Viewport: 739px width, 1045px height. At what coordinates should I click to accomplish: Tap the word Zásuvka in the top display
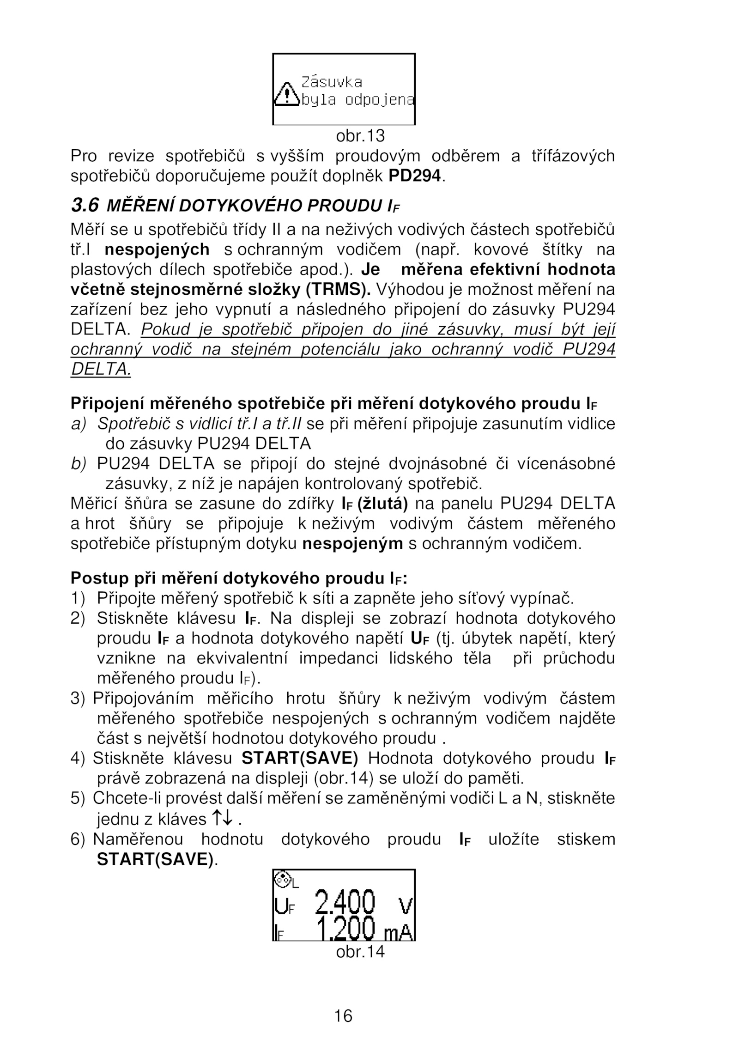[332, 82]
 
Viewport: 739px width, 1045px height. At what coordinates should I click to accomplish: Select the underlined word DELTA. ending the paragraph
[101, 369]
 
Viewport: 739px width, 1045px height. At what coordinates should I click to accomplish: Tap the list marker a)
[79, 424]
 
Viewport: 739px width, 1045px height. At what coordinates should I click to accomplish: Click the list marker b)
[79, 463]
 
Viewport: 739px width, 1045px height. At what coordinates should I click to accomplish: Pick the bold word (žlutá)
[382, 503]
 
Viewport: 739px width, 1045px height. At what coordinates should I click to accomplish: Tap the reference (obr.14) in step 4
[343, 778]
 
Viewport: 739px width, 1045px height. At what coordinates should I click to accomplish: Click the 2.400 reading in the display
[345, 903]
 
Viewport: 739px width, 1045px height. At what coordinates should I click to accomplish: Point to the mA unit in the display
[398, 933]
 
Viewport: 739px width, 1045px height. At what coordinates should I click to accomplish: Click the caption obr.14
[360, 952]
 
